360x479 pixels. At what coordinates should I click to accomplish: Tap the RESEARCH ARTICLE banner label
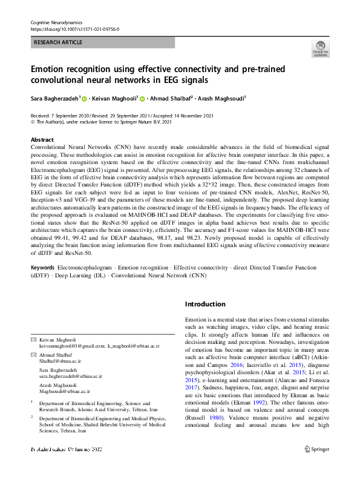[x=59, y=43]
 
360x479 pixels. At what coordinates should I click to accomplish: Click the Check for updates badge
[x=320, y=49]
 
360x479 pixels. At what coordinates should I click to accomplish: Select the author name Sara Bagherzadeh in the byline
[x=54, y=97]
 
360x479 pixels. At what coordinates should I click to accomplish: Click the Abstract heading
[x=42, y=139]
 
